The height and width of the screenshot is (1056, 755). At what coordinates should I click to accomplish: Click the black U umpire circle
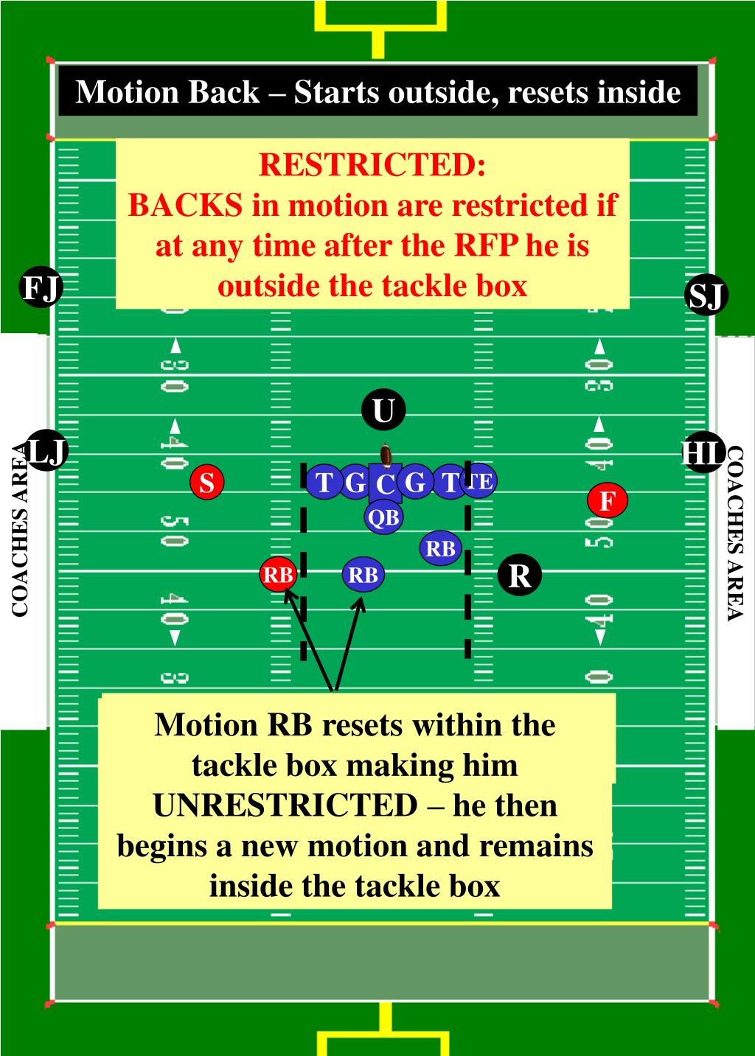(x=383, y=410)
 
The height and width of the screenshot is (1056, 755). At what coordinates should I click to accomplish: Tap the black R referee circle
(x=520, y=575)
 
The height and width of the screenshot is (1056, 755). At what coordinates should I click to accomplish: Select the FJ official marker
(x=41, y=288)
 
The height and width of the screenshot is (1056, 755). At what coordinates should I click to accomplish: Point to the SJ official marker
(x=706, y=296)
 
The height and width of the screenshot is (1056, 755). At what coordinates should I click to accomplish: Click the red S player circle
(x=207, y=483)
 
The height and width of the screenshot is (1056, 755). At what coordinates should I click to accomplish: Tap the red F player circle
(x=608, y=501)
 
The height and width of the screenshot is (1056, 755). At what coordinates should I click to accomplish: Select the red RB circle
(x=278, y=575)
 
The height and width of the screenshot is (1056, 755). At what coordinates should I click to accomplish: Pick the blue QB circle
(x=383, y=517)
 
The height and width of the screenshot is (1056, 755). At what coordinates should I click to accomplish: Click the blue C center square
(x=385, y=484)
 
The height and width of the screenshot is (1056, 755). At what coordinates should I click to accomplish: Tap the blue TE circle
(x=480, y=481)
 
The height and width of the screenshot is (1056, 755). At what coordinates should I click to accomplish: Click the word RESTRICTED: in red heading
(x=372, y=165)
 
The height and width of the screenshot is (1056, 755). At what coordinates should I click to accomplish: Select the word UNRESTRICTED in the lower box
(x=285, y=805)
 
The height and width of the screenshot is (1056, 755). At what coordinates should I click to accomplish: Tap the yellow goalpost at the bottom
(x=383, y=1032)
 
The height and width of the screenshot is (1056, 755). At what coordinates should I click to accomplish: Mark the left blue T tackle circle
(x=324, y=483)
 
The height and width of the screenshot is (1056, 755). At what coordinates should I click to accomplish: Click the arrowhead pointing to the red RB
(x=288, y=595)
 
